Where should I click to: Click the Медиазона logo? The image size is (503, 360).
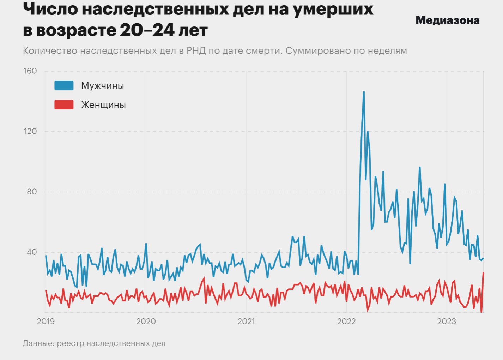[x=447, y=20]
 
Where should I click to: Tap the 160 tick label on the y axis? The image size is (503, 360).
[x=30, y=71]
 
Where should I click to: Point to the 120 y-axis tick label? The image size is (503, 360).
[x=30, y=131]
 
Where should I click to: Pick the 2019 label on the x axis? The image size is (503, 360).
[x=46, y=321]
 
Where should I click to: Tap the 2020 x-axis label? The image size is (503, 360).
[x=146, y=321]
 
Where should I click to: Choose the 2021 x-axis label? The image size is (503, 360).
[x=246, y=321]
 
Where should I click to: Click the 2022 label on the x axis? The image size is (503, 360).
[x=346, y=321]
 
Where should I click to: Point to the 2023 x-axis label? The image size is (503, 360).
[x=447, y=321]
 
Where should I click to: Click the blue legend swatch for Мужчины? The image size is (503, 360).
[x=64, y=86]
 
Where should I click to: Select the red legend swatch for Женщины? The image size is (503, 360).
[x=64, y=105]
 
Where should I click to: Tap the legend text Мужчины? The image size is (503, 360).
[x=103, y=86]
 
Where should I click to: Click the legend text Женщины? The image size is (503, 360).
[x=103, y=105]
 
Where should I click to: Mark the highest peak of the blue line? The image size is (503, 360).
[x=364, y=92]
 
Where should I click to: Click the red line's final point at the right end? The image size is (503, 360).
[x=483, y=272]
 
